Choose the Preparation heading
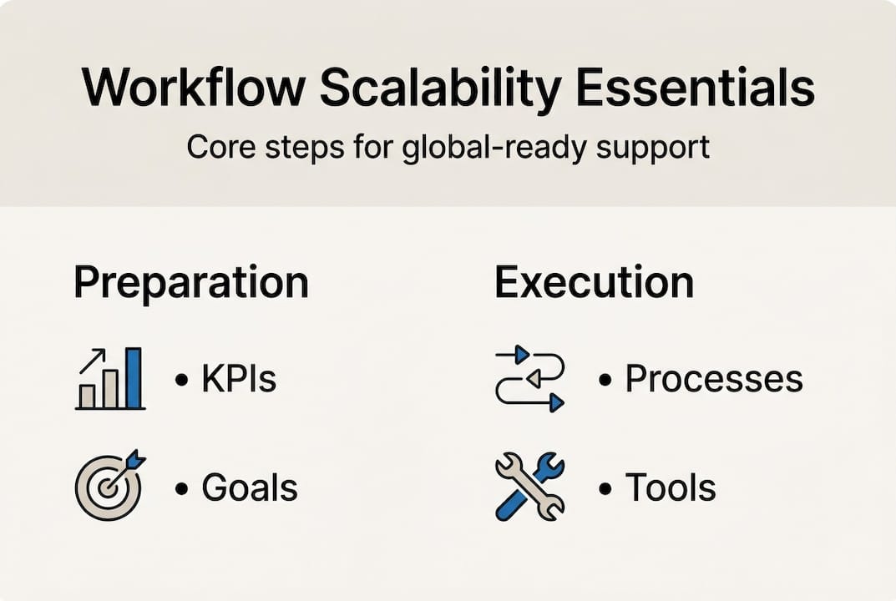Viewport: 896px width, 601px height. point(191,285)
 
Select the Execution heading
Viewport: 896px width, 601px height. point(594,283)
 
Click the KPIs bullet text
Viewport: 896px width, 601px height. point(238,380)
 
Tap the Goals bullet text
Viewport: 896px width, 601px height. point(249,488)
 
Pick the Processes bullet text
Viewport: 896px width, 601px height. point(714,380)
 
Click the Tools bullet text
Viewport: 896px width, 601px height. point(671,488)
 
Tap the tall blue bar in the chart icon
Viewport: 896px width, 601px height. point(134,378)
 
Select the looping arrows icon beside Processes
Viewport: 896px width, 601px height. point(530,380)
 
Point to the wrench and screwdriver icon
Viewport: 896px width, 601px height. point(529,487)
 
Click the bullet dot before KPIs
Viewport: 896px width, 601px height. point(181,381)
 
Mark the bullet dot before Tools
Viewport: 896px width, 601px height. point(605,489)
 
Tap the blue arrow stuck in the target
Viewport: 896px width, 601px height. point(132,464)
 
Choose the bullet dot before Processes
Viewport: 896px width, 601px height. point(605,381)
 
